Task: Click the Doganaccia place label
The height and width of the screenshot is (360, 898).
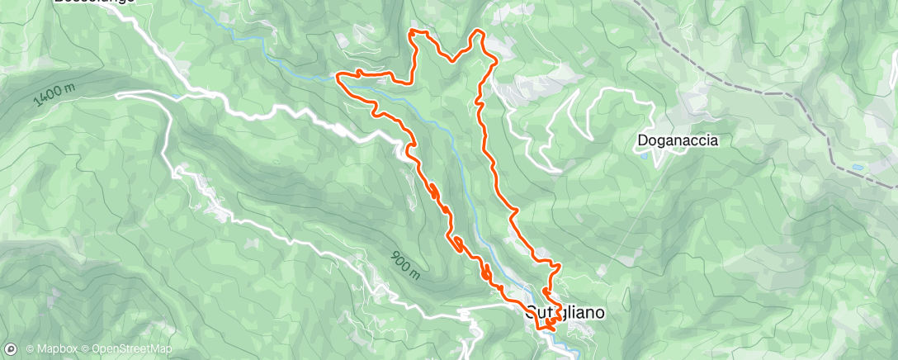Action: (x=678, y=140)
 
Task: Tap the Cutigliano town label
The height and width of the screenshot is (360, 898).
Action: (x=566, y=314)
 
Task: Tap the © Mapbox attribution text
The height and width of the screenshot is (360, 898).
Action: (x=52, y=349)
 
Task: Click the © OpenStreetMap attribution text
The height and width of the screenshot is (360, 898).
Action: (x=126, y=349)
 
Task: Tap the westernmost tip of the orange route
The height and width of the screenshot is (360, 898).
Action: (x=338, y=77)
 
